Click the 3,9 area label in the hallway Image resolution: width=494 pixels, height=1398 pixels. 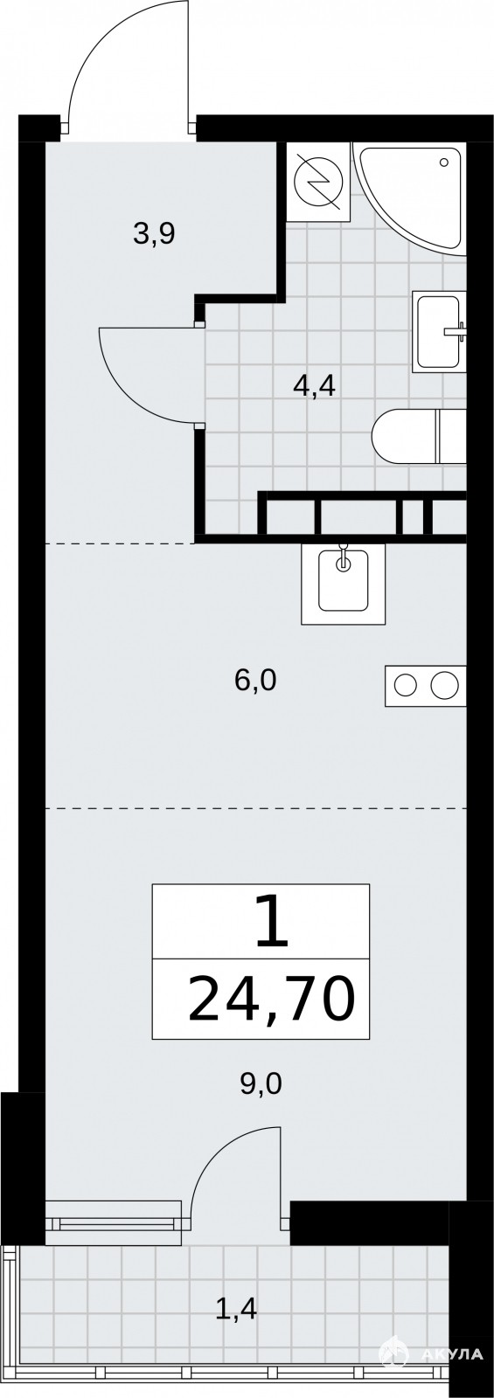(154, 234)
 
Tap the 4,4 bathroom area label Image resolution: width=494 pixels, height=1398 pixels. (315, 387)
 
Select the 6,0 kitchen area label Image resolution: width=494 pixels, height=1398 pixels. (254, 681)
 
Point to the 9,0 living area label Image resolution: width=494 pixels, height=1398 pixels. (261, 1084)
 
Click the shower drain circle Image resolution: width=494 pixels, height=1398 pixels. (444, 163)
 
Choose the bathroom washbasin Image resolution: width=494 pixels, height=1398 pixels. (440, 331)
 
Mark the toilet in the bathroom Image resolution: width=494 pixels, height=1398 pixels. (419, 436)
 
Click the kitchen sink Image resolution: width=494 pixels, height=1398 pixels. (343, 584)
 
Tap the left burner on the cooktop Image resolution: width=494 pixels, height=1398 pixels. (406, 686)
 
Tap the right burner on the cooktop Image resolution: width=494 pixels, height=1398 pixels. (444, 686)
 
